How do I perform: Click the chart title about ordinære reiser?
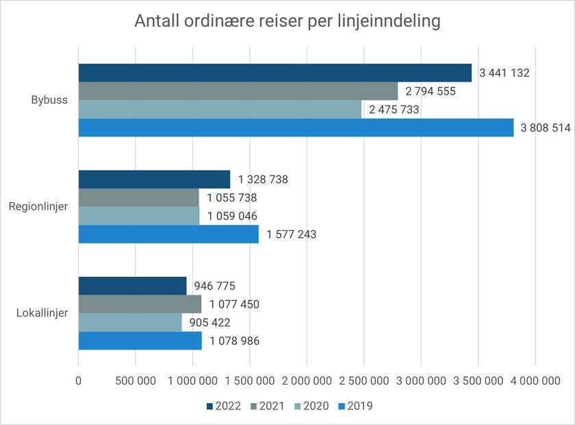pyautogui.click(x=287, y=21)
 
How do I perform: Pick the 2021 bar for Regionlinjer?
pyautogui.click(x=138, y=197)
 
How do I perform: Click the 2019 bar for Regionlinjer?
pyautogui.click(x=168, y=234)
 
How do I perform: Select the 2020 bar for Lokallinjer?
pyautogui.click(x=130, y=323)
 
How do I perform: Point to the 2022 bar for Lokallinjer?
pyautogui.click(x=132, y=286)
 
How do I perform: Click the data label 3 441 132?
pyautogui.click(x=505, y=73)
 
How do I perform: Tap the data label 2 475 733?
pyautogui.click(x=394, y=109)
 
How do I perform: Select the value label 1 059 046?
pyautogui.click(x=232, y=216)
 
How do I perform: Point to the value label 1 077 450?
pyautogui.click(x=235, y=304)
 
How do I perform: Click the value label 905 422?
pyautogui.click(x=209, y=323)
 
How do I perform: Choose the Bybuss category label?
pyautogui.click(x=50, y=100)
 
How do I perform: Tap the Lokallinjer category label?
pyautogui.click(x=42, y=313)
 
